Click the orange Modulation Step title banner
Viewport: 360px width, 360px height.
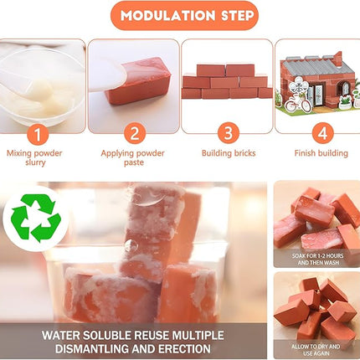point(180,16)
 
